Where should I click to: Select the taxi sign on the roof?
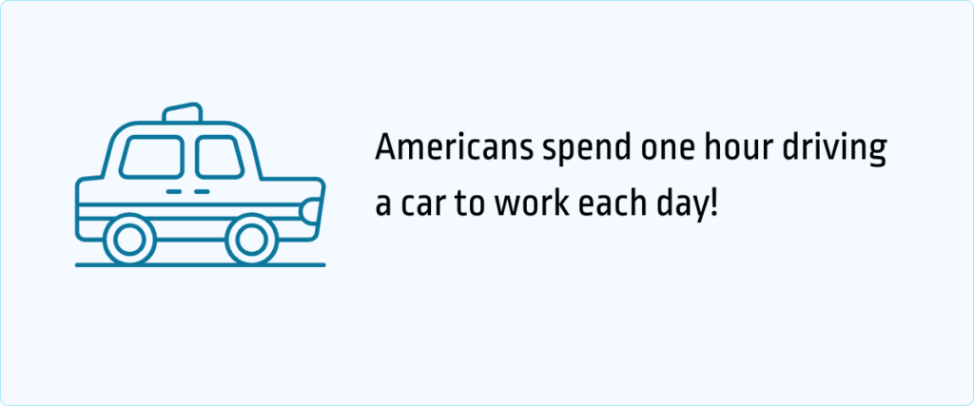point(183,113)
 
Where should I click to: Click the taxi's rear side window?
point(152,156)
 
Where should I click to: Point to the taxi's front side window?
point(219,156)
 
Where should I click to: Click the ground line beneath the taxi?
point(200,265)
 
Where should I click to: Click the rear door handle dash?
point(174,192)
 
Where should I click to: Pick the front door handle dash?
point(202,192)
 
